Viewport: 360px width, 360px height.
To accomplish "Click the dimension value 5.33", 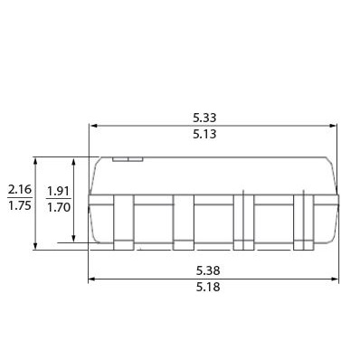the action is (x=204, y=118).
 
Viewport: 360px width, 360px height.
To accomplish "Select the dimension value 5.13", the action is (x=204, y=134).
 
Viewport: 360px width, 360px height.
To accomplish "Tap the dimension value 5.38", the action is (x=208, y=270).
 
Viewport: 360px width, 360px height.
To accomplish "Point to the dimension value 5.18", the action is (x=208, y=287).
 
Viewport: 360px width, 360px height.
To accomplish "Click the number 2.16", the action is (x=20, y=190).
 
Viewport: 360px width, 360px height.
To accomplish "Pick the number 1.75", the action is (x=20, y=205).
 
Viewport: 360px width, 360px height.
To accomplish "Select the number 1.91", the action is (x=59, y=191).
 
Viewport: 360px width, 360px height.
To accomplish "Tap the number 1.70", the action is (x=59, y=207).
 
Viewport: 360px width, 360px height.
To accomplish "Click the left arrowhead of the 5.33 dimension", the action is (x=93, y=126).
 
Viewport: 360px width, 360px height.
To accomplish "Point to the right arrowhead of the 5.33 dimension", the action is (x=333, y=126).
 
